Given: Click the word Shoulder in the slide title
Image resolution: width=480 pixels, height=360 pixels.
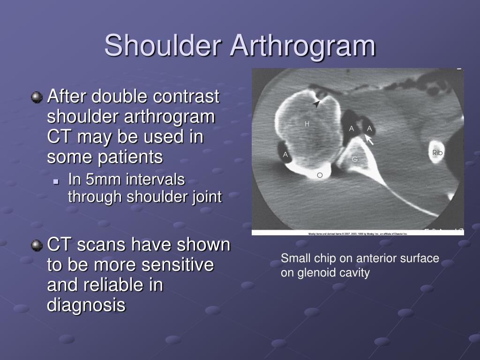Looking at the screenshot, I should click(x=163, y=46).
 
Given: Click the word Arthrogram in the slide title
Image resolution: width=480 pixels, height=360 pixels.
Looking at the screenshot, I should click(x=303, y=46).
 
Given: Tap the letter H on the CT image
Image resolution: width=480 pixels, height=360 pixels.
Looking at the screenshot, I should click(x=307, y=124).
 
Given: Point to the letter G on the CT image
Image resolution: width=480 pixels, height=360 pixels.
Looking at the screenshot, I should click(x=355, y=159).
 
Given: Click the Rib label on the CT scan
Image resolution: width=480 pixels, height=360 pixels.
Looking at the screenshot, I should click(x=437, y=153).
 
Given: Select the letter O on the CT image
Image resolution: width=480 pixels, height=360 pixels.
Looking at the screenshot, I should click(x=320, y=175).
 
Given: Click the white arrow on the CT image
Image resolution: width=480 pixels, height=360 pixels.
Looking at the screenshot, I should click(x=369, y=139).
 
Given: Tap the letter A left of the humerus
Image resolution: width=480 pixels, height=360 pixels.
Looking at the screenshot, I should click(x=285, y=155).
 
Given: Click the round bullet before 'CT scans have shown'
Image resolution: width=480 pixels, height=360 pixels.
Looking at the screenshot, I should click(x=36, y=245).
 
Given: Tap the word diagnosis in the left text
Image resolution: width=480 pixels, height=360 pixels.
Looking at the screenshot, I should click(x=86, y=305).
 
